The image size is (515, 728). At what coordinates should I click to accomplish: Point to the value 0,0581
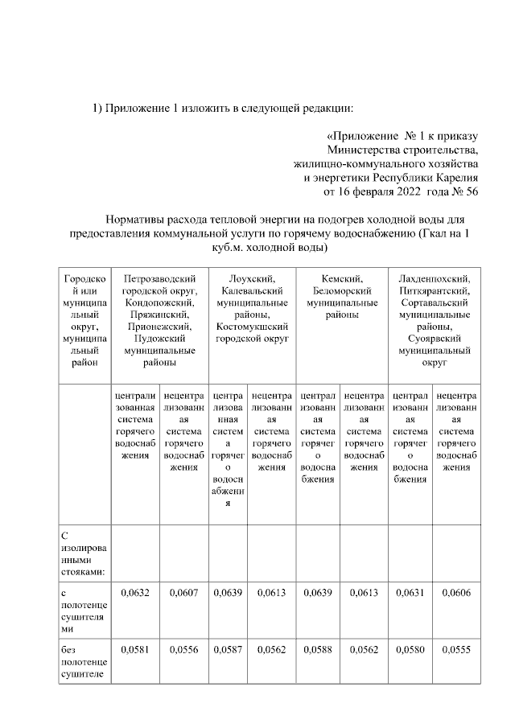[x=137, y=648]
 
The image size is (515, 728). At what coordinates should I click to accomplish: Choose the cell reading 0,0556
[x=183, y=648]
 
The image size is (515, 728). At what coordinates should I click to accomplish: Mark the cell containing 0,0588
[x=319, y=648]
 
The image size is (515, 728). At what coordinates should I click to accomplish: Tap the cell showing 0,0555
[x=455, y=648]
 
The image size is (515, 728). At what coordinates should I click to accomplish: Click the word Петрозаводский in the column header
[x=159, y=278]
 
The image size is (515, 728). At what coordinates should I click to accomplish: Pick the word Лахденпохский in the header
[x=433, y=278]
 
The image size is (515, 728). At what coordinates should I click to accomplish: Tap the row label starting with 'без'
[x=68, y=648]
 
